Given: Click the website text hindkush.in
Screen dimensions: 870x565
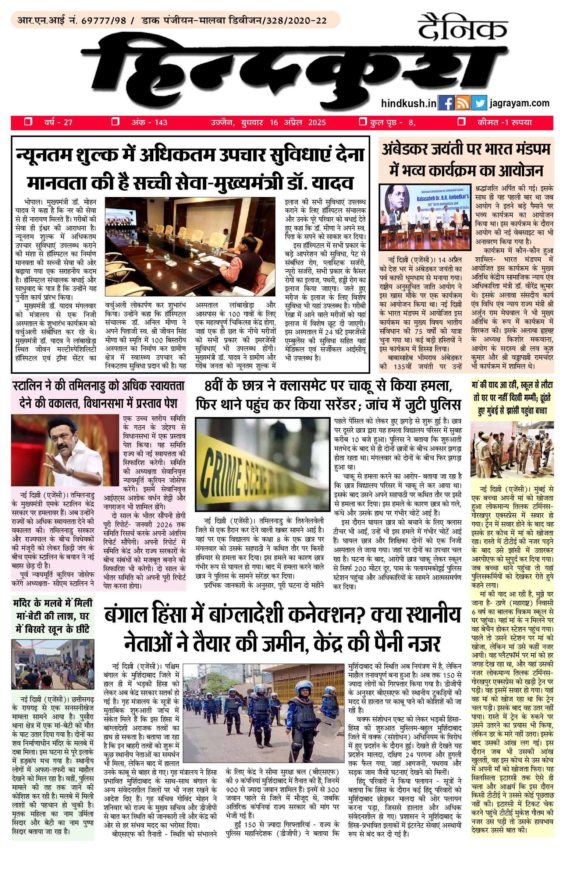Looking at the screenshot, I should [x=408, y=103].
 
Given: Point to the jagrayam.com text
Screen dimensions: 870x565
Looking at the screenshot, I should [x=519, y=103].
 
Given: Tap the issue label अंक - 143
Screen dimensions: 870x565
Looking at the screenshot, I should [x=149, y=123].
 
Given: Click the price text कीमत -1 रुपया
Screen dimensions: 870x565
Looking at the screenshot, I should [x=504, y=123].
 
